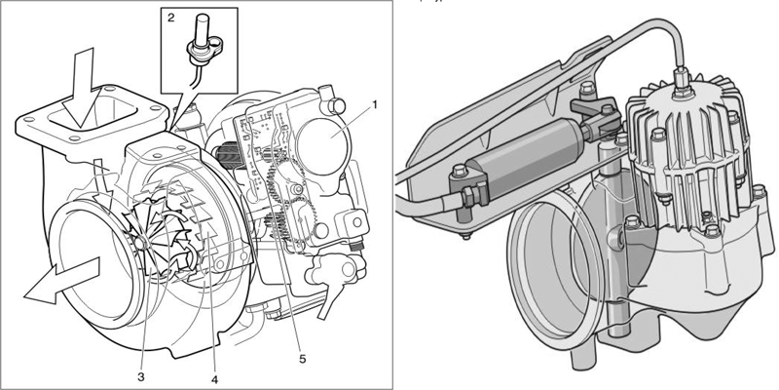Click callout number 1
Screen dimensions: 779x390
click(x=375, y=105)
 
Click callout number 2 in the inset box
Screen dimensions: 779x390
click(x=171, y=18)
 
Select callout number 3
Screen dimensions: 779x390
click(x=141, y=377)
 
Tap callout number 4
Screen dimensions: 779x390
click(x=214, y=379)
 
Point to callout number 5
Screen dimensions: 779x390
click(x=302, y=358)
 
